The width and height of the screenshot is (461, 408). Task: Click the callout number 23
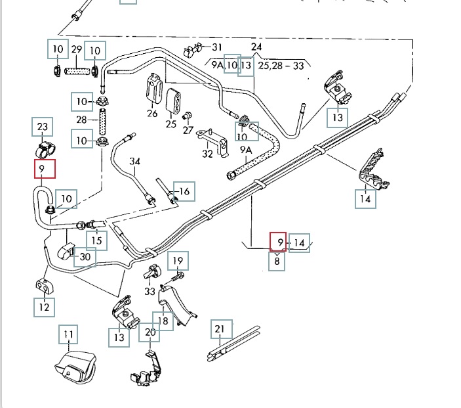pyautogui.click(x=42, y=126)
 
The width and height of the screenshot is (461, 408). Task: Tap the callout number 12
pyautogui.click(x=44, y=306)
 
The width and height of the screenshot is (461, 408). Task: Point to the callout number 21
pyautogui.click(x=220, y=329)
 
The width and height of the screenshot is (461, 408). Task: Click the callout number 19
pyautogui.click(x=178, y=261)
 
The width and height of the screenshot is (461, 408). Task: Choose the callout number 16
pyautogui.click(x=184, y=191)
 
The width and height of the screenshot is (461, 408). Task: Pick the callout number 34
pyautogui.click(x=135, y=161)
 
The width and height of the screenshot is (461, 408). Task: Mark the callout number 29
pyautogui.click(x=76, y=49)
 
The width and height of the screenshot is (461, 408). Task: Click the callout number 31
pyautogui.click(x=216, y=47)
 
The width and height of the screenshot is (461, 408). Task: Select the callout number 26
pyautogui.click(x=153, y=113)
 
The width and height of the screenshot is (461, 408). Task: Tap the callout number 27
pyautogui.click(x=188, y=130)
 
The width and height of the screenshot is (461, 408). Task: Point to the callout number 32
pyautogui.click(x=208, y=154)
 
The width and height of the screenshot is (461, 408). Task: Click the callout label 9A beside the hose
pyautogui.click(x=246, y=150)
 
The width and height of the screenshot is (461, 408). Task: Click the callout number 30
pyautogui.click(x=85, y=257)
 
